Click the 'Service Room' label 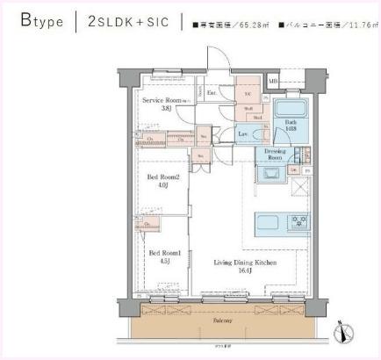[x=162, y=101]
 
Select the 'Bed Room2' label [x=162, y=176]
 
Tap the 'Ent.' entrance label [x=212, y=91]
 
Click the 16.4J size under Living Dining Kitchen [x=232, y=270]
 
